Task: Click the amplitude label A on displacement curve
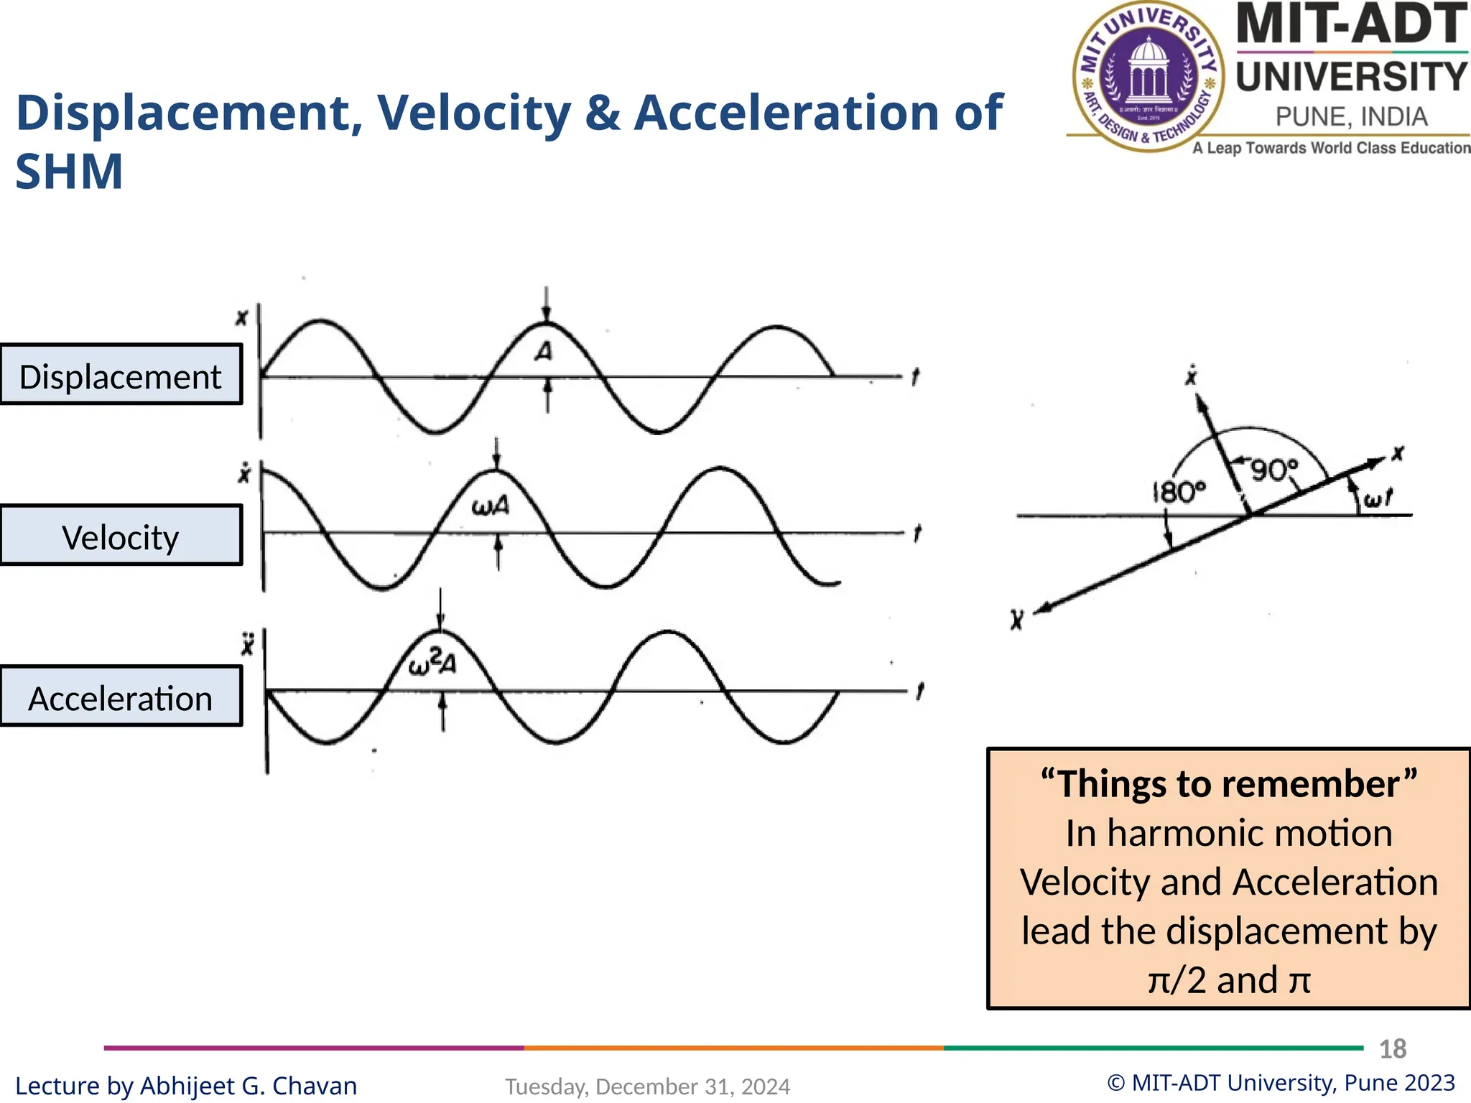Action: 544,352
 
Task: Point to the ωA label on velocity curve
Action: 491,507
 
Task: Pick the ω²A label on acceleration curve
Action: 432,663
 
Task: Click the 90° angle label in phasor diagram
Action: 1275,470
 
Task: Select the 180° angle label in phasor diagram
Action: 1179,493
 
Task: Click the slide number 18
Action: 1393,1049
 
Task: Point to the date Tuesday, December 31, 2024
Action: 647,1086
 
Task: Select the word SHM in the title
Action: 69,172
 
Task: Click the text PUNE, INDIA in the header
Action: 1351,117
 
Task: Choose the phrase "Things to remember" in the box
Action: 1229,783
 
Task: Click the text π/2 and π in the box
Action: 1229,980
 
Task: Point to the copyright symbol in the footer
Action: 1116,1083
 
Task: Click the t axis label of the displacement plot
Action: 915,377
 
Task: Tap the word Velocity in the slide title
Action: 474,113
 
